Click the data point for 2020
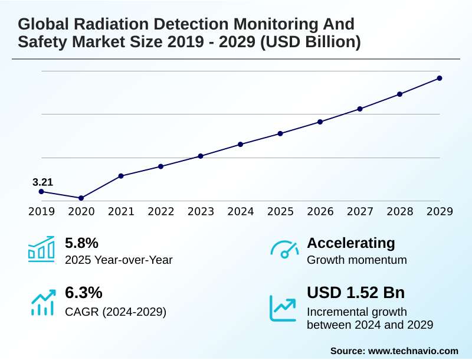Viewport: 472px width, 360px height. click(x=81, y=198)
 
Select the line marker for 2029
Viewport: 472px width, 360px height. click(x=440, y=78)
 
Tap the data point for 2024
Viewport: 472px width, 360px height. click(x=241, y=144)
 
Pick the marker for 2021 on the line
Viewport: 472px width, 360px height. click(x=121, y=176)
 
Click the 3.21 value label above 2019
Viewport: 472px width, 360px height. click(x=42, y=182)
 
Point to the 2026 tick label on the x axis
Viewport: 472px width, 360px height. click(x=320, y=212)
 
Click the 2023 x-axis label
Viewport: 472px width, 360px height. click(x=201, y=212)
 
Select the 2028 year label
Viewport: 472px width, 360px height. click(x=399, y=212)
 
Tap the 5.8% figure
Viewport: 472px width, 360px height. click(x=81, y=243)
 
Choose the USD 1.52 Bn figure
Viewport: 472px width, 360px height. click(x=356, y=293)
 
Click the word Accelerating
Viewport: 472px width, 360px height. click(x=351, y=243)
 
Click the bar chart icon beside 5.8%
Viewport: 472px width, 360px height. click(x=41, y=249)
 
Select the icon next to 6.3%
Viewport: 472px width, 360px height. click(x=41, y=302)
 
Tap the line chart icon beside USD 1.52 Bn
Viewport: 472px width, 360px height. click(x=283, y=307)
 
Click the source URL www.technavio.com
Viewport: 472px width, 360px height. click(x=413, y=351)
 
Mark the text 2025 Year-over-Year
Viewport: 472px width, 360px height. click(x=119, y=260)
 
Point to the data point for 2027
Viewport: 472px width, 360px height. click(x=360, y=109)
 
